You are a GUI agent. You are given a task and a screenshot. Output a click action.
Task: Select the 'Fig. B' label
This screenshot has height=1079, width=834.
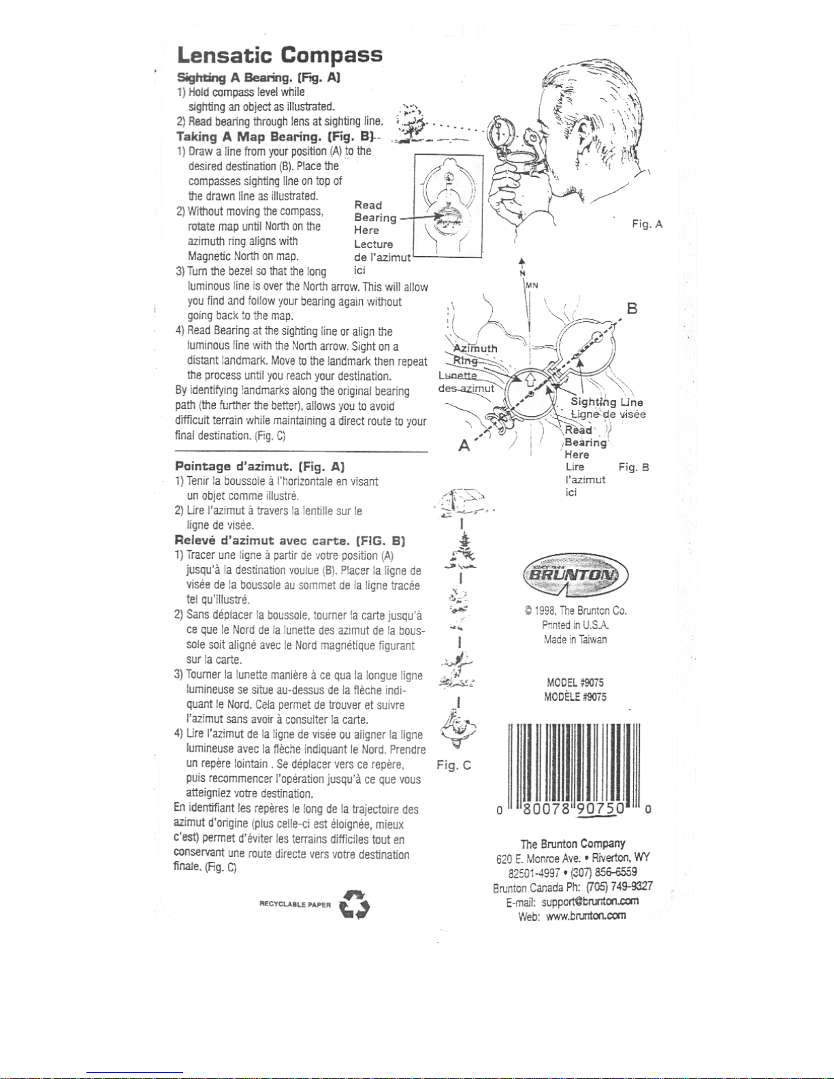click(634, 467)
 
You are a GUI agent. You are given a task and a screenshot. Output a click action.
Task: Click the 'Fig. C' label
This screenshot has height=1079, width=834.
click(454, 765)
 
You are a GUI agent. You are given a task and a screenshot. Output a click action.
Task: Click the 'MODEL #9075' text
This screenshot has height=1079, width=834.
click(575, 682)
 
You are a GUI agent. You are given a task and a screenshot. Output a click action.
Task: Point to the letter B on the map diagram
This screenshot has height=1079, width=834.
click(632, 309)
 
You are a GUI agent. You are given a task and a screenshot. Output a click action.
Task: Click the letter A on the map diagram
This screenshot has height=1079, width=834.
click(464, 446)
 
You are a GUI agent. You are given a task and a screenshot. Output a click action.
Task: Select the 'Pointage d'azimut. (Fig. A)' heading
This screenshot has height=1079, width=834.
click(259, 466)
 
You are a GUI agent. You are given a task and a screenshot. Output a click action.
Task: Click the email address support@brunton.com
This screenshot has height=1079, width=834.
click(590, 901)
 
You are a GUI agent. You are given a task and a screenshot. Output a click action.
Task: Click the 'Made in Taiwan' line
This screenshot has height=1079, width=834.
click(575, 639)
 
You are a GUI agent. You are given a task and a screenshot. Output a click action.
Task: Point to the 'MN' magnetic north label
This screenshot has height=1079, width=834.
click(532, 285)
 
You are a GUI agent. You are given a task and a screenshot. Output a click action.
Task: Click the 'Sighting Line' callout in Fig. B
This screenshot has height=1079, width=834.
click(607, 402)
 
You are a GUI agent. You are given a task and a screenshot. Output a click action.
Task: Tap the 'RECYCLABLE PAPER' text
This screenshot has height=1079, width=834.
click(295, 905)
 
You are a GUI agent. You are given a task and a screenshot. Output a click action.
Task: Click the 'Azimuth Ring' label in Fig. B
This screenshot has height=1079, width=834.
click(476, 354)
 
